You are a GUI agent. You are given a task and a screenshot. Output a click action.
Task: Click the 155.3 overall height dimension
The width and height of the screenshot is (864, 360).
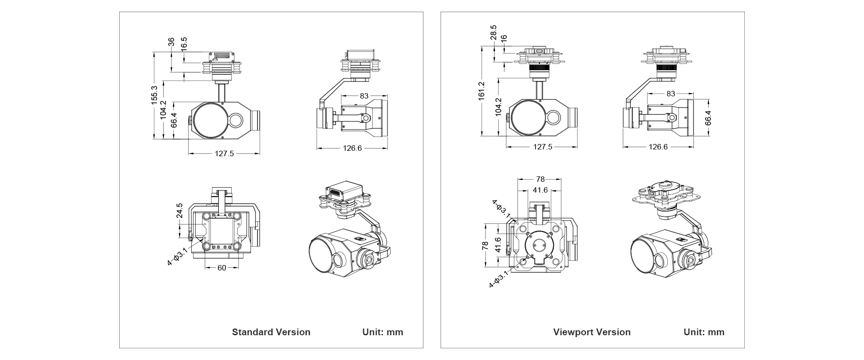(x=154, y=95)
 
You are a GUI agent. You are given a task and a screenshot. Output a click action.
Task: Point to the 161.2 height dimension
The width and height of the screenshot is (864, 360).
(x=482, y=90)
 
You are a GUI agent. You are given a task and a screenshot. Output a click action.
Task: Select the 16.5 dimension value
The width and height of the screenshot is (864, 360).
(x=184, y=45)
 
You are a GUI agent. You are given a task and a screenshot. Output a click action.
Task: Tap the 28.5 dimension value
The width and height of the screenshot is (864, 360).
(x=493, y=33)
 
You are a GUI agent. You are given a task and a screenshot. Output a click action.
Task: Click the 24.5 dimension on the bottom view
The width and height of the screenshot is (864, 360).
(x=180, y=211)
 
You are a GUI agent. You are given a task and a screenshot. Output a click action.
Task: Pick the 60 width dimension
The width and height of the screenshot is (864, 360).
(x=222, y=268)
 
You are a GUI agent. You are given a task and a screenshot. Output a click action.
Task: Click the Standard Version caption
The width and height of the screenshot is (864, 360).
(x=271, y=332)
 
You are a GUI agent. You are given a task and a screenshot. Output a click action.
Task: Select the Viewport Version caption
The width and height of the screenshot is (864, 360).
(x=592, y=332)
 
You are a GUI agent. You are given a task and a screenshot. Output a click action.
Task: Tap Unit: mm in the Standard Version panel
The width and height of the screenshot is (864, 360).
(x=382, y=332)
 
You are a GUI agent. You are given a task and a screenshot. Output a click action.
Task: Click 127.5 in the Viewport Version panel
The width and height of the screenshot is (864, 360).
(x=543, y=147)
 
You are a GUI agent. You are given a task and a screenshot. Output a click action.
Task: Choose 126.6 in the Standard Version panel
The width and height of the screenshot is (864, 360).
(x=352, y=148)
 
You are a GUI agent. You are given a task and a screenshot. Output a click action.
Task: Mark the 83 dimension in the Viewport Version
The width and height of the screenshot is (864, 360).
(x=670, y=94)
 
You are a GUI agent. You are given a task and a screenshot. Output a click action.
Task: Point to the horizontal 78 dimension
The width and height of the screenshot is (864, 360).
(x=540, y=179)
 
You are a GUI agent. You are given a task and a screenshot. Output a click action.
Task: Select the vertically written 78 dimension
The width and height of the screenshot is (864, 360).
(x=485, y=246)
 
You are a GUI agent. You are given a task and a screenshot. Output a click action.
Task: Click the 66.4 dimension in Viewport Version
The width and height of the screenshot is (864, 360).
(x=708, y=117)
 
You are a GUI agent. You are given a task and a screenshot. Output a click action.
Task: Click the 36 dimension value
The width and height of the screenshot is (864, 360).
(x=171, y=42)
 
